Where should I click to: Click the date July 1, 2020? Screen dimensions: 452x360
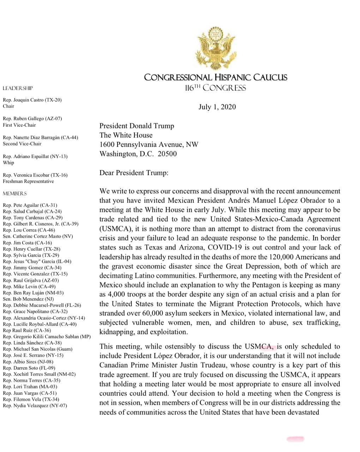pos(217,107)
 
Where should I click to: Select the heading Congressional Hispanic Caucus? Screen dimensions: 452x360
pos(216,77)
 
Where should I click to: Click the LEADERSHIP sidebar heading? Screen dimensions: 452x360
pos(18,88)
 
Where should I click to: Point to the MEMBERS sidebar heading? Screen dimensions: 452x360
pos(14,194)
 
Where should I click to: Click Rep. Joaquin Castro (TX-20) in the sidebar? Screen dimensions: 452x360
pos(32,100)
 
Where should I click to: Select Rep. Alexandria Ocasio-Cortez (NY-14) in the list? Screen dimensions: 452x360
pos(44,318)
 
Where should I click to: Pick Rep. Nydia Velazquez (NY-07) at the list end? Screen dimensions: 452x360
pos(35,405)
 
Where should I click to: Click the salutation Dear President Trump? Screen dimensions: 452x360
pos(134,173)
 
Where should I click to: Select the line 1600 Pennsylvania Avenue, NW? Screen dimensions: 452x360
pos(149,144)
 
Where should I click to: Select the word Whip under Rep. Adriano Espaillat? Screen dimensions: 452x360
pos(8,163)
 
